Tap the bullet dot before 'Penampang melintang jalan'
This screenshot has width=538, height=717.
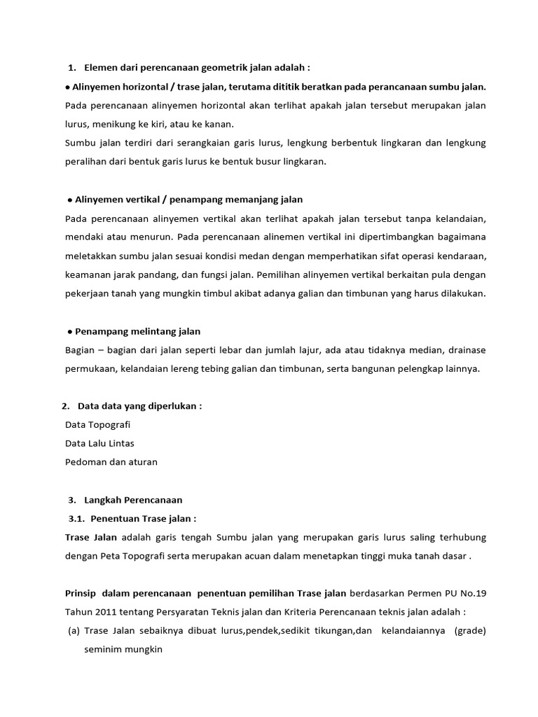[x=71, y=331]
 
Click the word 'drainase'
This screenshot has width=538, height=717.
[x=463, y=350]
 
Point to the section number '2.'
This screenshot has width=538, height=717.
[x=65, y=406]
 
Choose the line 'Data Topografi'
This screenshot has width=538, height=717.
[x=97, y=425]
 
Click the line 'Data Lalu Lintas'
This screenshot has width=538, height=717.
[x=99, y=443]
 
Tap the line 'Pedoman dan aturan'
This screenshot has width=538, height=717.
[x=111, y=462]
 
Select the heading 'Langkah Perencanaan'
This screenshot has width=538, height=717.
[x=133, y=500]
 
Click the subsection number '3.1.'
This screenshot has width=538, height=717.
[x=76, y=519]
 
